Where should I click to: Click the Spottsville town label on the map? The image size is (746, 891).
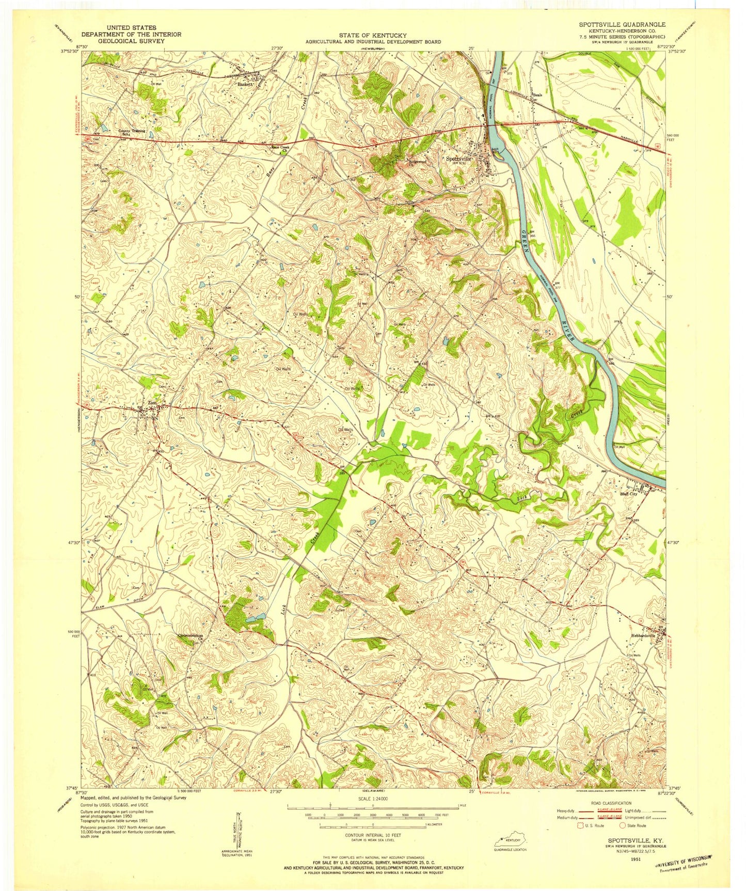[x=458, y=159]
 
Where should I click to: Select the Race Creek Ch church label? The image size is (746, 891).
[x=281, y=148]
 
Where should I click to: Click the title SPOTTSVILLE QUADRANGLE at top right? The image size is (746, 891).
[x=622, y=24]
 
